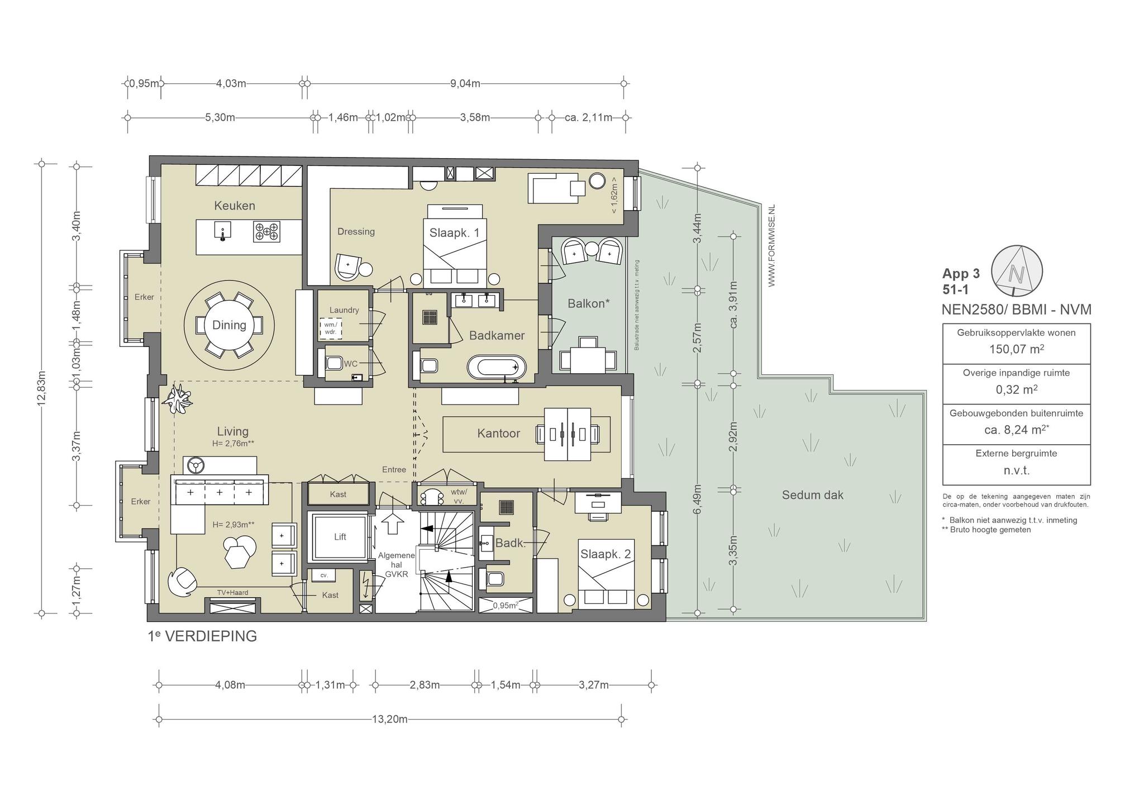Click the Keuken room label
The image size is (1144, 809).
point(235,206)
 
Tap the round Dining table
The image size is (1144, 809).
point(229,325)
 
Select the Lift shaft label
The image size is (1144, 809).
point(340,537)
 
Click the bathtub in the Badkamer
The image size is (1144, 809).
point(497,367)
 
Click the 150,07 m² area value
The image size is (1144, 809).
point(1016,349)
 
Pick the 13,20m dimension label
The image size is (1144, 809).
point(389,719)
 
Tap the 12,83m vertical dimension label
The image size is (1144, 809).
point(41,389)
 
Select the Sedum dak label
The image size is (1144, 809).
point(812,495)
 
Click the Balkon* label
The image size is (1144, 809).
point(588,303)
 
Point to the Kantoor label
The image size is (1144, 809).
point(498,434)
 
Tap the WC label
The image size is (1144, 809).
point(350,364)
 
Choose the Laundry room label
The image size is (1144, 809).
point(344,310)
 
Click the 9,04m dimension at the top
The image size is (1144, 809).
point(465,84)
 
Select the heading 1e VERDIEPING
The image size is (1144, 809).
point(202,636)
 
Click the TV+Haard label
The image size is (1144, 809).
point(232,593)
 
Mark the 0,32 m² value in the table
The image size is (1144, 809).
point(1016,389)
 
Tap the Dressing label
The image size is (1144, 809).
point(356,232)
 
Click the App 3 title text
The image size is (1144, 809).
point(961,274)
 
